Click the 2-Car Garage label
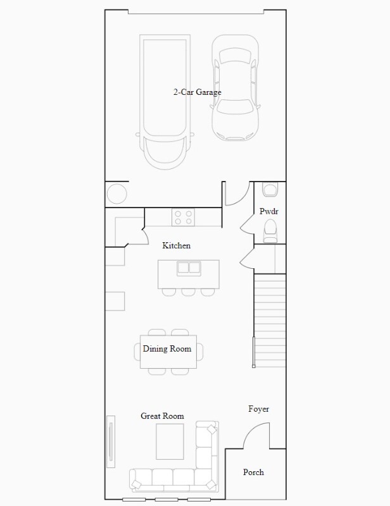pyautogui.click(x=197, y=92)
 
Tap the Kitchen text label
pyautogui.click(x=176, y=245)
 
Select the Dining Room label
pyautogui.click(x=167, y=349)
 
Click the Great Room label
pyautogui.click(x=162, y=416)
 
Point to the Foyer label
pyautogui.click(x=258, y=409)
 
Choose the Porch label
pyautogui.click(x=253, y=472)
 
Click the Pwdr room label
pyautogui.click(x=268, y=211)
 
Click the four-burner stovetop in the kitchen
pyautogui.click(x=184, y=218)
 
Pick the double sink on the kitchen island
pyautogui.click(x=189, y=268)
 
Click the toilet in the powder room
pyautogui.click(x=270, y=230)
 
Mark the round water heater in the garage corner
pyautogui.click(x=116, y=193)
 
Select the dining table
pyautogui.click(x=168, y=352)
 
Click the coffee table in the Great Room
pyautogui.click(x=170, y=441)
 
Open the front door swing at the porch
pyautogui.click(x=256, y=436)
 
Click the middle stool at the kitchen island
pyautogui.click(x=189, y=292)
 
